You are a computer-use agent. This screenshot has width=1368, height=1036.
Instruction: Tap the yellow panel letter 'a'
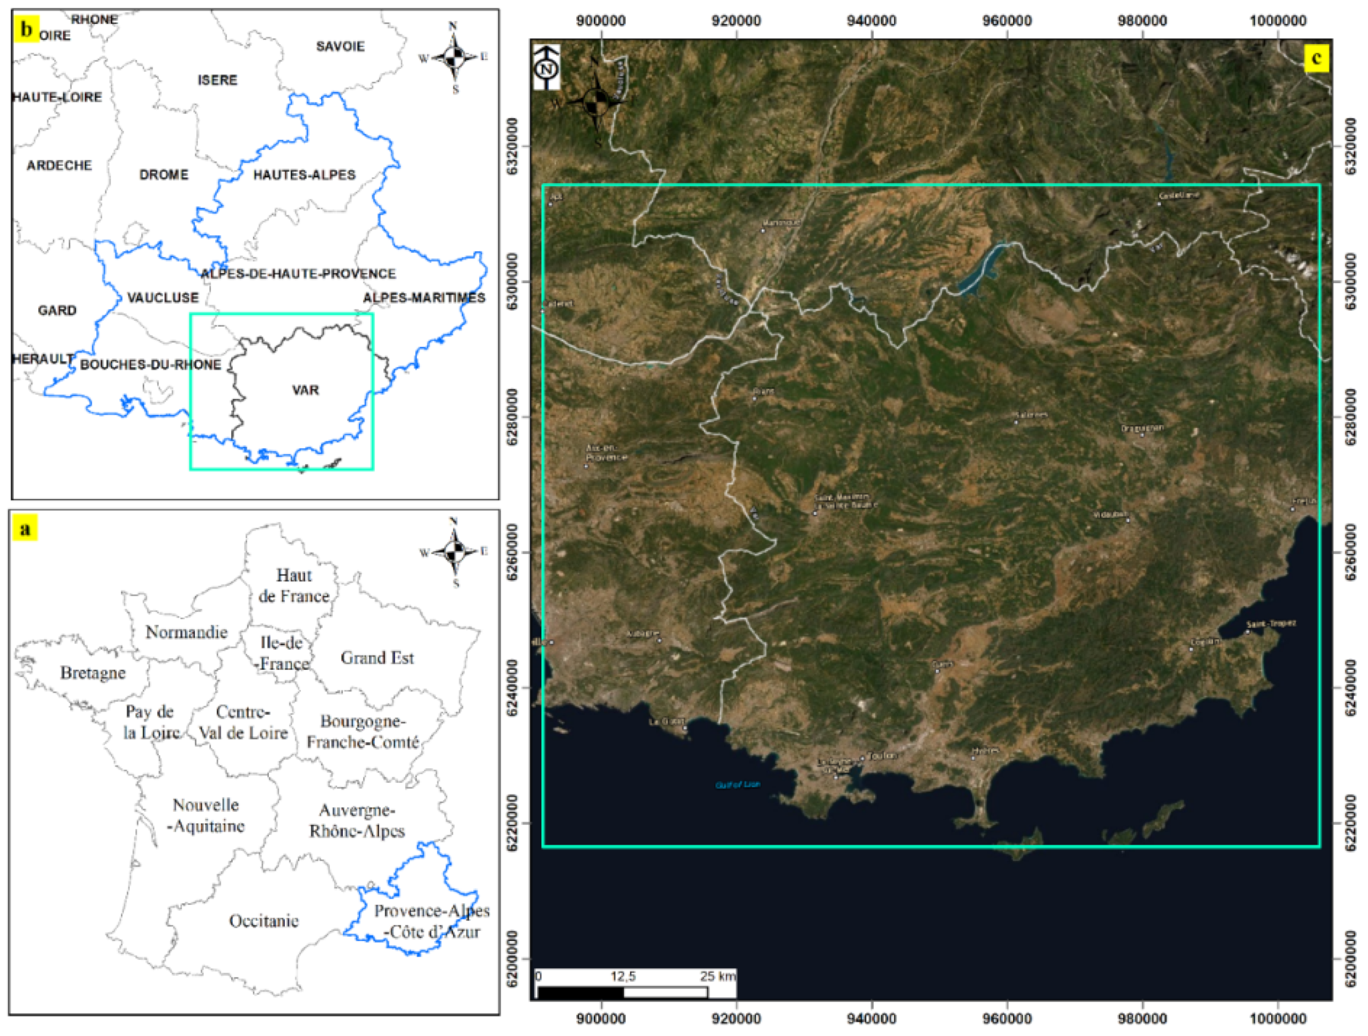(25, 529)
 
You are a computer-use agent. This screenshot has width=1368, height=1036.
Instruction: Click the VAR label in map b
(306, 390)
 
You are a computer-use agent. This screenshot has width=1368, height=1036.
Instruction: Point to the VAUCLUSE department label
(163, 298)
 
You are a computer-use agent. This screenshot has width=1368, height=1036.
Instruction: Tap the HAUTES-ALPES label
(304, 175)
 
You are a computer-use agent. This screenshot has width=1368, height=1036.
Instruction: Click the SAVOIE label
(340, 46)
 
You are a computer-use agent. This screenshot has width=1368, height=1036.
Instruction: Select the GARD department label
(57, 310)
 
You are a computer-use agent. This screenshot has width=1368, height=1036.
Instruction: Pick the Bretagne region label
(93, 673)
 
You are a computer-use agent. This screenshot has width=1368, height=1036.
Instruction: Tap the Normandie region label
(186, 632)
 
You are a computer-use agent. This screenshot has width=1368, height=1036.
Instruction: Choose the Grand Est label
(377, 658)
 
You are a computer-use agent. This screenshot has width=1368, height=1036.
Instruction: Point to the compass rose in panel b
(454, 58)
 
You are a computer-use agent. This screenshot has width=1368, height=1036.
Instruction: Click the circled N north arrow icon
(546, 68)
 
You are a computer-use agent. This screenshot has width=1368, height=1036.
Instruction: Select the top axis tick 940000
(872, 20)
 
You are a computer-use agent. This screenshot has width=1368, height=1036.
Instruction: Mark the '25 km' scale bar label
(717, 976)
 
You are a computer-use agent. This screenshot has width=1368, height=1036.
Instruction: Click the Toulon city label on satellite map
(881, 756)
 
